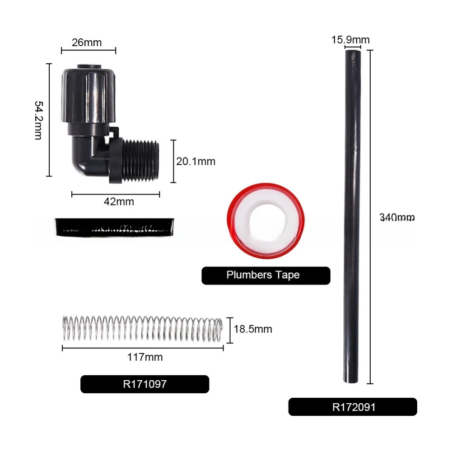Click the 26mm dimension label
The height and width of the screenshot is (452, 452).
pyautogui.click(x=87, y=43)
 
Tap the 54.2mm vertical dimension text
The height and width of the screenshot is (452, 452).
pyautogui.click(x=39, y=120)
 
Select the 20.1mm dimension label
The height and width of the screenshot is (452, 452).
pyautogui.click(x=196, y=161)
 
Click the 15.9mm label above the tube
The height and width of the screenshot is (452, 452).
pyautogui.click(x=350, y=40)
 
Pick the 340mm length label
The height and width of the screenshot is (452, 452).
pyautogui.click(x=397, y=218)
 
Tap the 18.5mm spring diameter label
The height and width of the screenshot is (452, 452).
pyautogui.click(x=253, y=329)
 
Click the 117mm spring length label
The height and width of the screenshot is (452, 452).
pyautogui.click(x=145, y=357)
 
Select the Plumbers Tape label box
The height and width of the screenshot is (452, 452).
pyautogui.click(x=266, y=275)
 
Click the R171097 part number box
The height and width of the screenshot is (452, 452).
pyautogui.click(x=144, y=384)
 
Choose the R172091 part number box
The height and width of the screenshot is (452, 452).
pyautogui.click(x=353, y=407)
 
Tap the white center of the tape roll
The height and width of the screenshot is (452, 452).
pyautogui.click(x=262, y=224)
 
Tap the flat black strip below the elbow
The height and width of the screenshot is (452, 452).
pyautogui.click(x=115, y=227)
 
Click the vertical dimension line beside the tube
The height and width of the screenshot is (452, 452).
pyautogui.click(x=370, y=217)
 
